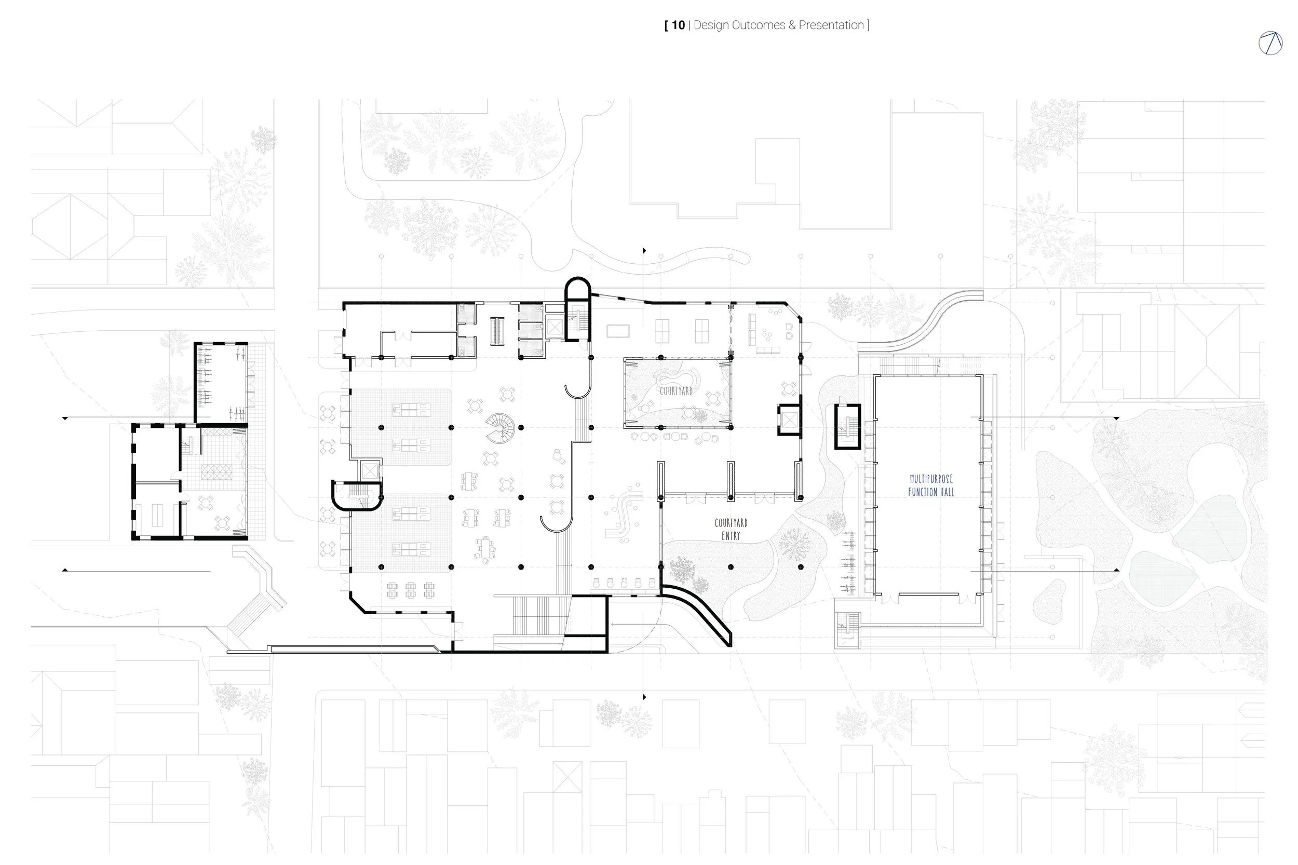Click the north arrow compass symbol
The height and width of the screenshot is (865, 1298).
coord(1270,43)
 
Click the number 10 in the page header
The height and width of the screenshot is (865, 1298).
coord(678,25)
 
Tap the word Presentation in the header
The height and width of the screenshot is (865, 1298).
coord(831,25)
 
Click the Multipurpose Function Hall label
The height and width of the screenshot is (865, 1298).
coord(930,485)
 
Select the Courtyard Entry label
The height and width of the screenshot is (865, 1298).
coord(731,529)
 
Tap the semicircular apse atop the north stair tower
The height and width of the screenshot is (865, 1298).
coord(577,288)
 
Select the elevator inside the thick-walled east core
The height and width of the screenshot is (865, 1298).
coord(789,420)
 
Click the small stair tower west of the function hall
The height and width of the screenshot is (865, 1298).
coord(847,426)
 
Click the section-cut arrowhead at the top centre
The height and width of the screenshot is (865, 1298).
coord(644,251)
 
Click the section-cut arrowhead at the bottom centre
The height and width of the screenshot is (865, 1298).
coord(644,697)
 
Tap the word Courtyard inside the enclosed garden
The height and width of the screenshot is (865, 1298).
coord(676,391)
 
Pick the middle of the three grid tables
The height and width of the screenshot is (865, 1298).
coord(410,589)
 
